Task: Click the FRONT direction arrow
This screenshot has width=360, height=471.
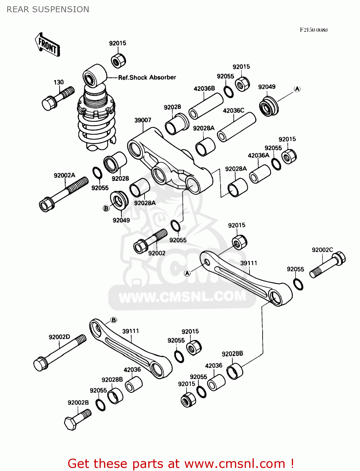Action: pyautogui.click(x=47, y=45)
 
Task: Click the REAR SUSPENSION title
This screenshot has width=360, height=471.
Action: pyautogui.click(x=48, y=9)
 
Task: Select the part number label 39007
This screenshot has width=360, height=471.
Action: pyautogui.click(x=143, y=120)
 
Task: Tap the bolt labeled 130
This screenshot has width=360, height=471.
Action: pyautogui.click(x=58, y=98)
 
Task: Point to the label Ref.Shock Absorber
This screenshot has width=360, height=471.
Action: pyautogui.click(x=147, y=77)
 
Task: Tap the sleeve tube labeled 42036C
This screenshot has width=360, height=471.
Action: pyautogui.click(x=236, y=127)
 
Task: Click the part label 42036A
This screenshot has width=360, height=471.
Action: pyautogui.click(x=258, y=155)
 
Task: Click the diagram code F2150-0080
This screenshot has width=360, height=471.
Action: pyautogui.click(x=313, y=30)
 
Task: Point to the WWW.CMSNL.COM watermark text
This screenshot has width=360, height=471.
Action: pyautogui.click(x=182, y=296)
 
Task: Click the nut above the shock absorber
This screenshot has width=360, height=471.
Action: pyautogui.click(x=118, y=60)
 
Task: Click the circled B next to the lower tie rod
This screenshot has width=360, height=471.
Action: pyautogui.click(x=114, y=320)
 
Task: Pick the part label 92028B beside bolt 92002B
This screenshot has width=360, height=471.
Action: pyautogui.click(x=112, y=380)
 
